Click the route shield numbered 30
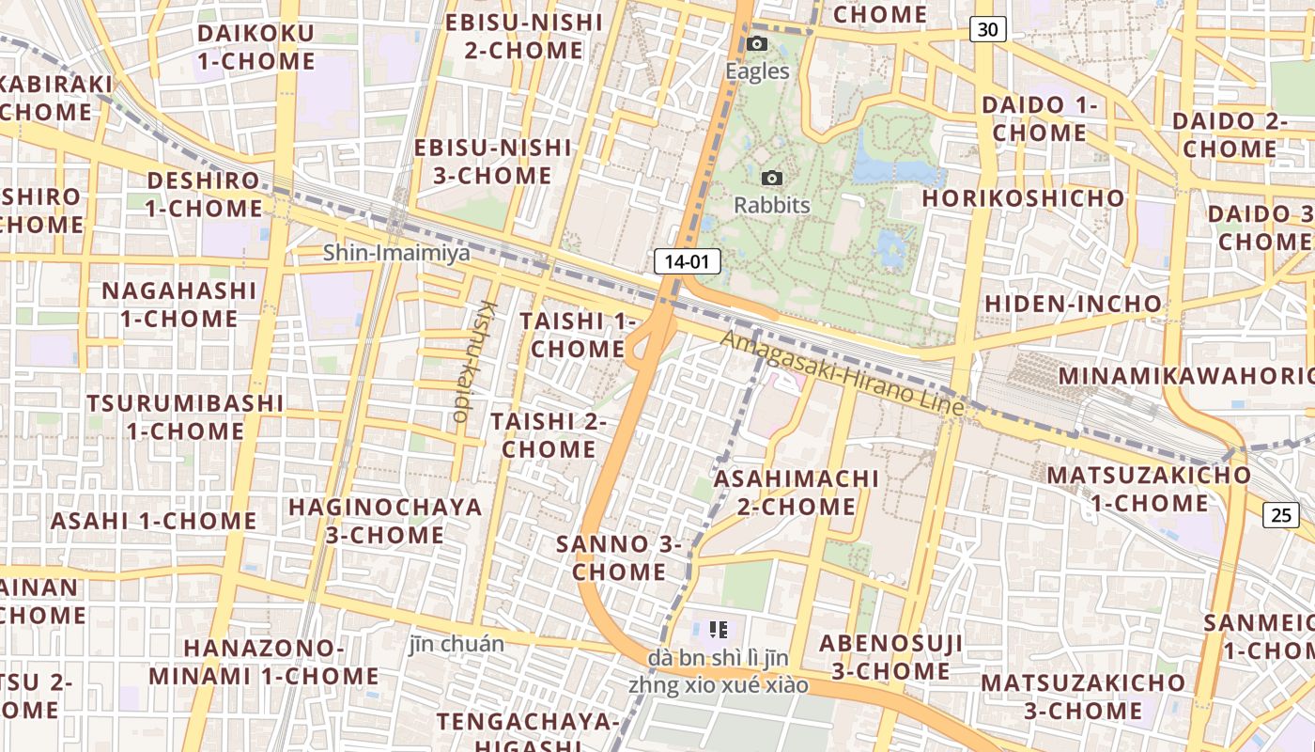pos(987,29)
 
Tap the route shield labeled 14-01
pos(688,261)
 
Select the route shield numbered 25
pos(1281,514)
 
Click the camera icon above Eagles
pos(757,44)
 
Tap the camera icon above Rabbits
pos(772,178)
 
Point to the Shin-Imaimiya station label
pos(396,253)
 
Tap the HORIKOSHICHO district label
pos(1023,198)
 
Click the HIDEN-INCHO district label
pos(1073,304)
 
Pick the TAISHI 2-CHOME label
pos(549,435)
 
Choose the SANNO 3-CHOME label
pos(619,557)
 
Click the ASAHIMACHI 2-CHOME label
pos(797,493)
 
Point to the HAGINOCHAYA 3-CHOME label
pos(385,521)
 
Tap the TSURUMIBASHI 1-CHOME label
pos(185,417)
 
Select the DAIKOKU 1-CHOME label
pos(255,48)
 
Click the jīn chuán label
pos(456,645)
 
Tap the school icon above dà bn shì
pos(719,630)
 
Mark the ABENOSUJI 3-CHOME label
pos(890,657)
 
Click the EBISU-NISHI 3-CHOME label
pos(493,162)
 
